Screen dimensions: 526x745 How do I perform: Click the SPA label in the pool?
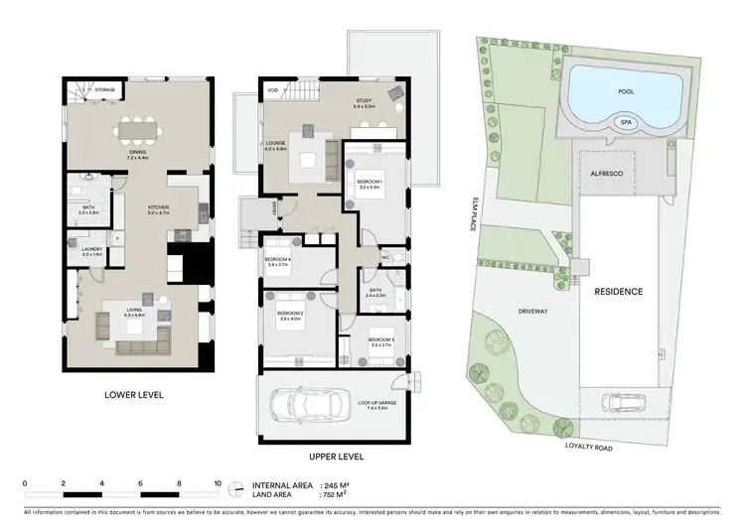(x=625, y=123)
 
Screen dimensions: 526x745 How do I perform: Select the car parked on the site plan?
(x=623, y=404)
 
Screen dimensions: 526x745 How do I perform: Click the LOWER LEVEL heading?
(x=133, y=394)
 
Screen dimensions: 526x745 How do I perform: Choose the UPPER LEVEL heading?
(x=337, y=457)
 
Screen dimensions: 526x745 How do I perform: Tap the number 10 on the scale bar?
(x=217, y=483)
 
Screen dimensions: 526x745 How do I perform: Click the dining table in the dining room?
(x=137, y=129)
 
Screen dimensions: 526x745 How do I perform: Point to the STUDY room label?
(x=365, y=100)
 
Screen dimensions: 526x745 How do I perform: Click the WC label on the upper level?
(x=385, y=257)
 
